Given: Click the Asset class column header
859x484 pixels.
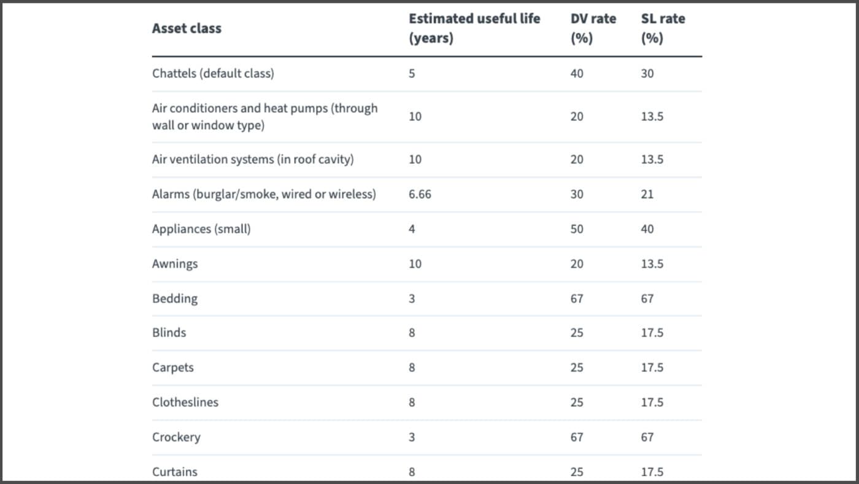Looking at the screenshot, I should tap(187, 28).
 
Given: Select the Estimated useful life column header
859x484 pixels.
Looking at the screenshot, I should tap(474, 28).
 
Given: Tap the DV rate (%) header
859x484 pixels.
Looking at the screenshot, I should tap(593, 28).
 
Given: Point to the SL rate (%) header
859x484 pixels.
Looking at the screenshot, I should tap(663, 28).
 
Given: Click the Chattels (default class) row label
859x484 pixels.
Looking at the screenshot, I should tap(213, 73).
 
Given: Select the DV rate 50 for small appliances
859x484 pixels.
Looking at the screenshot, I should tap(577, 229).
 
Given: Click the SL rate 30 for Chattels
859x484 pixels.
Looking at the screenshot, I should tap(647, 73).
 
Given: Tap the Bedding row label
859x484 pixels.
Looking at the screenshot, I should tap(175, 299).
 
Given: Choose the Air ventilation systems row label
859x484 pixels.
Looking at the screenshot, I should tap(253, 159).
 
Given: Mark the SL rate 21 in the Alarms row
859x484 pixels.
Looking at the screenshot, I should tap(647, 194).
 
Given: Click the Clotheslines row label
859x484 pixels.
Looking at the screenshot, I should tap(185, 402).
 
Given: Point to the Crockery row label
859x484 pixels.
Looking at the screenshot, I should tap(176, 437).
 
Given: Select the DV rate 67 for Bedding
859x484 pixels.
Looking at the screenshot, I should tap(577, 299).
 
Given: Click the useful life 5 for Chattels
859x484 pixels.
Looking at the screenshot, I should tap(412, 73).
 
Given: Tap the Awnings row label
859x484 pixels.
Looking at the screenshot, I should tap(175, 263).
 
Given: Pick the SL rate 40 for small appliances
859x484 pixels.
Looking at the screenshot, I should tap(647, 229).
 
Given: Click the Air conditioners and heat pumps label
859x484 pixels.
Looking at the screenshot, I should tap(264, 116).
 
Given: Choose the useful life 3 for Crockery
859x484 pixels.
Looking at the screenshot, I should tap(412, 437).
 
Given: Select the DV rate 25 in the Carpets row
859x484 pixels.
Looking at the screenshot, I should tap(577, 367).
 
